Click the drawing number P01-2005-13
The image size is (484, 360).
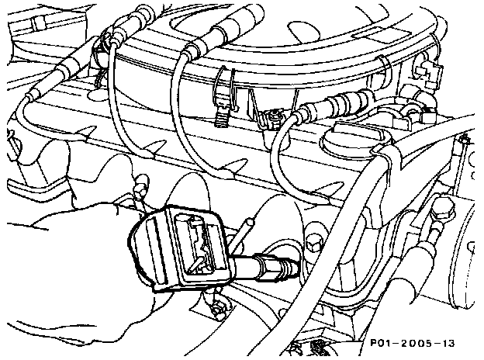[412, 343]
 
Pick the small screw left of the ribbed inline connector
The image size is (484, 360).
[272, 117]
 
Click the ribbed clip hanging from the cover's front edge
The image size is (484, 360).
[221, 114]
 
